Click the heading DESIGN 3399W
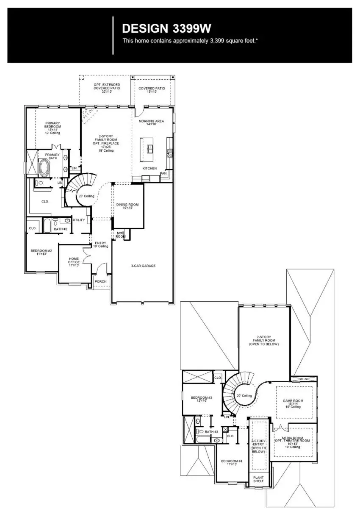pyautogui.click(x=166, y=28)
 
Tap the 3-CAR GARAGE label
pyautogui.click(x=143, y=266)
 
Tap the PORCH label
pyautogui.click(x=100, y=281)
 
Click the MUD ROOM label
pyautogui.click(x=120, y=235)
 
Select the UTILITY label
pyautogui.click(x=79, y=220)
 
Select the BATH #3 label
pyautogui.click(x=211, y=432)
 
